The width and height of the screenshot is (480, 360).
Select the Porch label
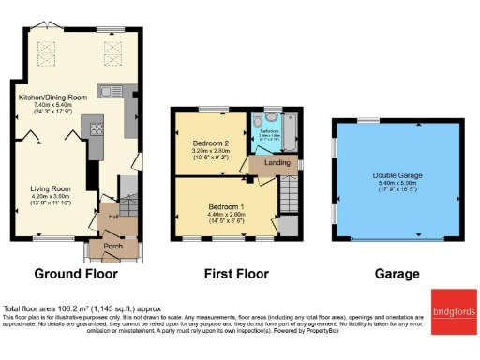pyautogui.click(x=112, y=247)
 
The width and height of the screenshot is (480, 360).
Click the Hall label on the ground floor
pyautogui.click(x=112, y=216)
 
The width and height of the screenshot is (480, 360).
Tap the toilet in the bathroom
pyautogui.click(x=270, y=119)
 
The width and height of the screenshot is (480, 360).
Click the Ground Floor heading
pyautogui.click(x=76, y=275)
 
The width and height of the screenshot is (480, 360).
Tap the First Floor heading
pyautogui.click(x=236, y=275)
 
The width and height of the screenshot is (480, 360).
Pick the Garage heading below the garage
pyautogui.click(x=397, y=275)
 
